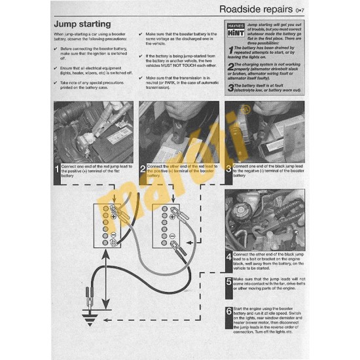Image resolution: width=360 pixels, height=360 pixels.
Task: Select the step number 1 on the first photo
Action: (56, 171)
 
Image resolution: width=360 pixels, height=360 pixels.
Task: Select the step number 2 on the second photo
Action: (143, 171)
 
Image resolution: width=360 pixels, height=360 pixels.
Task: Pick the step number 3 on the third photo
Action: (229, 171)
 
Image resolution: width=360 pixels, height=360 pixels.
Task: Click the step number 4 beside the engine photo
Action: (229, 258)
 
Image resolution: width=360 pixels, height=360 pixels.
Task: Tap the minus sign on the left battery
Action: (113, 234)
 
